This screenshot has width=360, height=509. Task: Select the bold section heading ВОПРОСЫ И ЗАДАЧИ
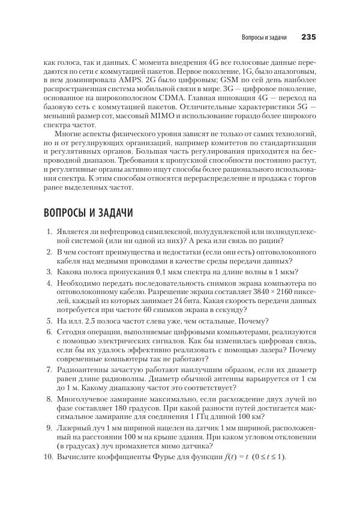click(x=88, y=213)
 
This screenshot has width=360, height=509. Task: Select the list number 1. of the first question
click(x=49, y=232)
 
